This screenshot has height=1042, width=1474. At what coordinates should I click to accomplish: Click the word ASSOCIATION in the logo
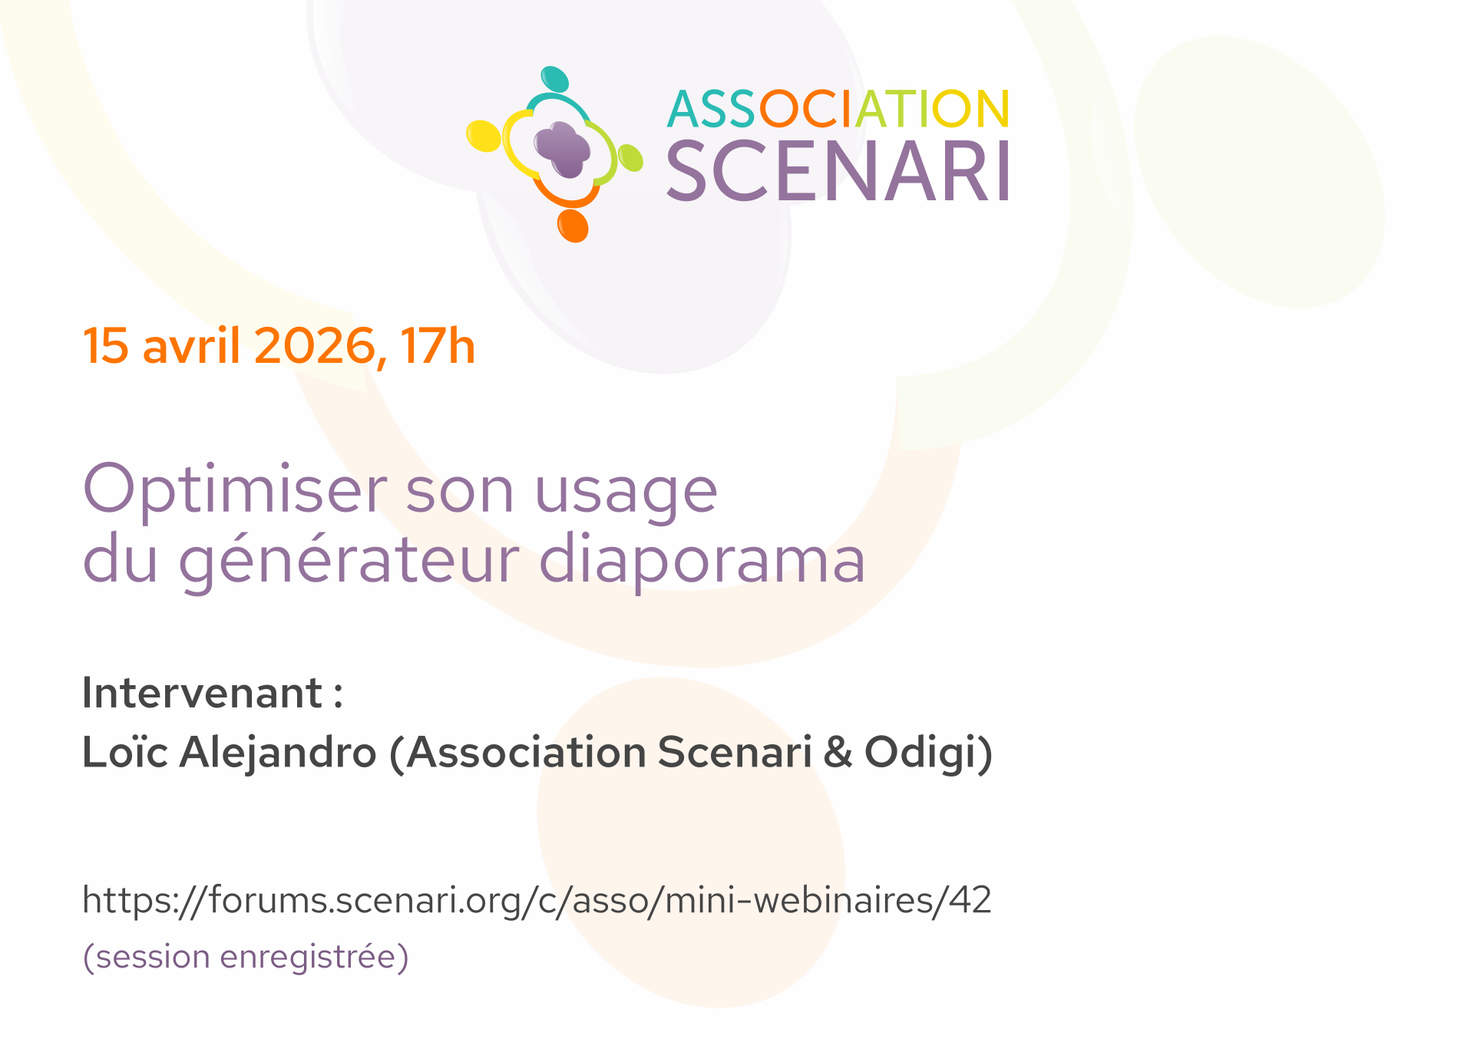pyautogui.click(x=838, y=109)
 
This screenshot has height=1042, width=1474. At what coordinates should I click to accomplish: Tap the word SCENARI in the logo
pyautogui.click(x=838, y=171)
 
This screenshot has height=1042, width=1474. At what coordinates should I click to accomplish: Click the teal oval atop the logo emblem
pyautogui.click(x=555, y=79)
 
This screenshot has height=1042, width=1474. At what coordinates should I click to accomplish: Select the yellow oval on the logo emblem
pyautogui.click(x=484, y=136)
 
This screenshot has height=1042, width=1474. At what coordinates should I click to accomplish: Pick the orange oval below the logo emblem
pyautogui.click(x=573, y=226)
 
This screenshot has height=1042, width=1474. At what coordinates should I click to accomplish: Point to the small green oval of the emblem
pyautogui.click(x=630, y=157)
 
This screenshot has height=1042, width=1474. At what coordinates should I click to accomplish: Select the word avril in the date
pyautogui.click(x=192, y=345)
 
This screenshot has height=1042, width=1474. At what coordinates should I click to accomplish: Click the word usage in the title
pyautogui.click(x=626, y=494)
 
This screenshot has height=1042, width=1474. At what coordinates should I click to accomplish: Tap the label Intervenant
pyautogui.click(x=203, y=692)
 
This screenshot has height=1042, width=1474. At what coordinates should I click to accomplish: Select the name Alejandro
pyautogui.click(x=278, y=751)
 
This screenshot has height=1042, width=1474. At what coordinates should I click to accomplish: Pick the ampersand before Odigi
pyautogui.click(x=838, y=752)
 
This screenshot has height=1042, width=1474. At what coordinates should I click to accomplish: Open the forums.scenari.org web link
pyautogui.click(x=537, y=900)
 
